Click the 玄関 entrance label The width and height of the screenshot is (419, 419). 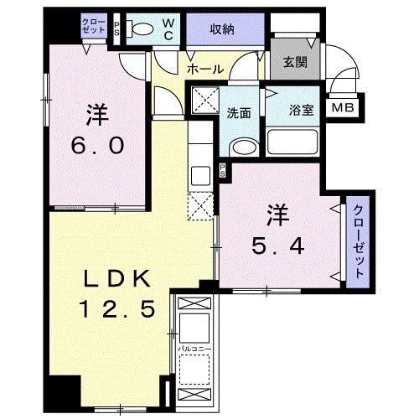point(293,61)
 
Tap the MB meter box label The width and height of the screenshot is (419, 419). point(342,106)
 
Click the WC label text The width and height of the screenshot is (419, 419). point(168,28)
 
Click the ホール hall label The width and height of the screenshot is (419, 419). point(204,70)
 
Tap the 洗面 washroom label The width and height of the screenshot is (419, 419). point(240,113)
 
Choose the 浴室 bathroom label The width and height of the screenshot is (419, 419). point(301,110)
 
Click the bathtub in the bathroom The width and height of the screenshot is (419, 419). point(292,142)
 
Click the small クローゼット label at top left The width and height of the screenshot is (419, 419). point(95,25)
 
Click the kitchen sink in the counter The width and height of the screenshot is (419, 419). point(199,177)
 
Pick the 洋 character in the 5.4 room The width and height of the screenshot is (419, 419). point(278,215)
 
